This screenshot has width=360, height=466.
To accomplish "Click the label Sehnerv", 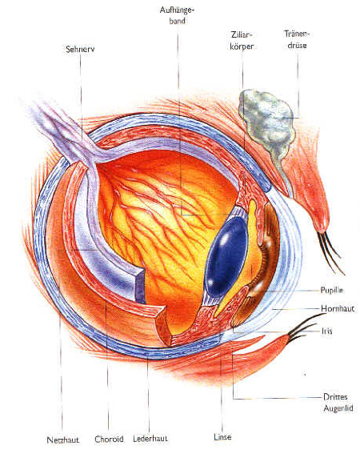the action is (x=80, y=49).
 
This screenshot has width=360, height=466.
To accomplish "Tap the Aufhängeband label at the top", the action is (x=177, y=15).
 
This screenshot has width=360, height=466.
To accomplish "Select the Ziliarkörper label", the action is (x=242, y=40).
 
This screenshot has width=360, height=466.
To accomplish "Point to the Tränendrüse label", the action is (x=297, y=39).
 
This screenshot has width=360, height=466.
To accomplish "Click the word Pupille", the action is (x=331, y=290).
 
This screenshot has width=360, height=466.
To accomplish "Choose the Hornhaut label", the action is (x=338, y=308).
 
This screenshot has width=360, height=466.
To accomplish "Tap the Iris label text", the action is (x=326, y=331).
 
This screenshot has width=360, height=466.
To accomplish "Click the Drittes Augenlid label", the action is (x=338, y=403).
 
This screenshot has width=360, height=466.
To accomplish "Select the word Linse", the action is (x=222, y=437).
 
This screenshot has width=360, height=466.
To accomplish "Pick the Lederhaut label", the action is (x=150, y=438).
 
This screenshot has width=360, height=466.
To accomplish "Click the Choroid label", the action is (x=109, y=439).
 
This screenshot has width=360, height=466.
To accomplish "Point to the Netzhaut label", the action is (x=63, y=440).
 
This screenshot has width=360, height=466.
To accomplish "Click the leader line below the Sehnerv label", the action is (x=81, y=98).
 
